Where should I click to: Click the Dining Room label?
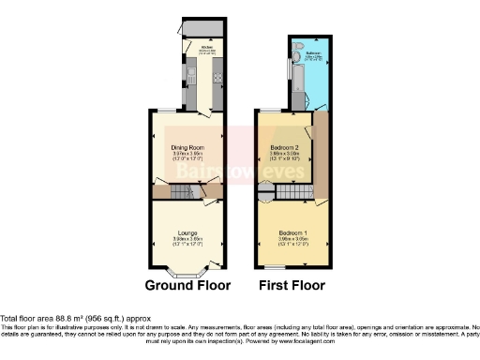186,147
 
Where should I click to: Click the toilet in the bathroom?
296,47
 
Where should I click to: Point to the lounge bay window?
186,273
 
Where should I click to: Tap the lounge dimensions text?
185,241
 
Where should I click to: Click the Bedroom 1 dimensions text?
291,241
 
